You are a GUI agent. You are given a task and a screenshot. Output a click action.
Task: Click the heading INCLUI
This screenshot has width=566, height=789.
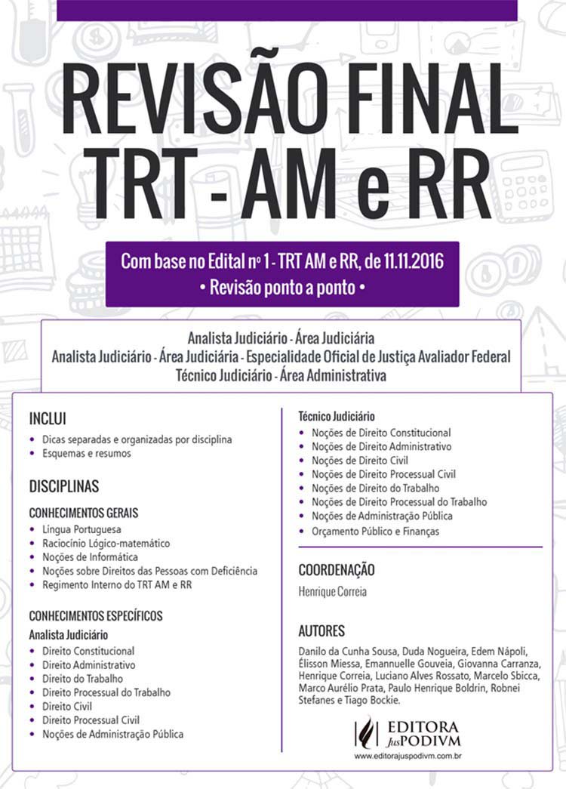tap(48, 418)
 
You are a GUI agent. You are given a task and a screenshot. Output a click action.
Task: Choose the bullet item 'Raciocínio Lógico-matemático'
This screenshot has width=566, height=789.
tap(106, 543)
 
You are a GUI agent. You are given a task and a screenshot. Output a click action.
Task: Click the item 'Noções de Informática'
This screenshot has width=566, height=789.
tap(89, 556)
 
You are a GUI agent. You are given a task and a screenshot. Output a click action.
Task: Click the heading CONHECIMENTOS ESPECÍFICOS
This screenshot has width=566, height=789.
tap(96, 615)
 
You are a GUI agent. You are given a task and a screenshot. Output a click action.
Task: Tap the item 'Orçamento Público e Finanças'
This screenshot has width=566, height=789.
tap(375, 531)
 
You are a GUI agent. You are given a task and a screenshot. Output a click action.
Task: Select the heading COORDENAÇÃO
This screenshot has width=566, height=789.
tap(337, 569)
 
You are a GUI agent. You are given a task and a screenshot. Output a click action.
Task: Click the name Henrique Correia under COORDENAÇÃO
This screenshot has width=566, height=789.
tap(332, 592)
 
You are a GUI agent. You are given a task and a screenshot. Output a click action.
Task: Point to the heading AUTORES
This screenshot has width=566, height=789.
tap(321, 630)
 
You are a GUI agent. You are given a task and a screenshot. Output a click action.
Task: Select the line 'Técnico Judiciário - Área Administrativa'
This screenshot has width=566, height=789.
tap(281, 374)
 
